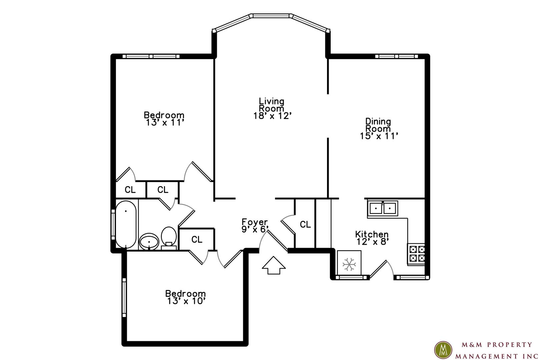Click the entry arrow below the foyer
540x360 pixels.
click(x=274, y=265)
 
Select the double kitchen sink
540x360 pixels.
click(x=382, y=208)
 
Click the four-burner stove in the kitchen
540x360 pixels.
click(x=416, y=254)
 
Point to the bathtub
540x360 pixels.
click(x=126, y=225)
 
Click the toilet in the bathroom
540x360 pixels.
click(x=169, y=238)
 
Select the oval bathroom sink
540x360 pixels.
click(x=149, y=242)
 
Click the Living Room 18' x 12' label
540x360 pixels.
click(x=272, y=109)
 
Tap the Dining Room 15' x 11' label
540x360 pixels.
click(x=378, y=129)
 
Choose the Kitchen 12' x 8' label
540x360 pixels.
click(x=372, y=238)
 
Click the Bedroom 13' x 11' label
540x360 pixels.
click(x=164, y=119)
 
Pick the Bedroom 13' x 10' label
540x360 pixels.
click(x=186, y=297)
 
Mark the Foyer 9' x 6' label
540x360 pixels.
click(x=255, y=225)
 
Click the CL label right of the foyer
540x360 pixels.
click(x=305, y=225)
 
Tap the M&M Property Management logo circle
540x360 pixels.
click(x=443, y=350)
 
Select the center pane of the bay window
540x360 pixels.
click(x=271, y=16)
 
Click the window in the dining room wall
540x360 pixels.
click(x=397, y=56)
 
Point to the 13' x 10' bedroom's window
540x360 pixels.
click(x=124, y=298)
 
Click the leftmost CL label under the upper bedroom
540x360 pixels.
click(x=130, y=190)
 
